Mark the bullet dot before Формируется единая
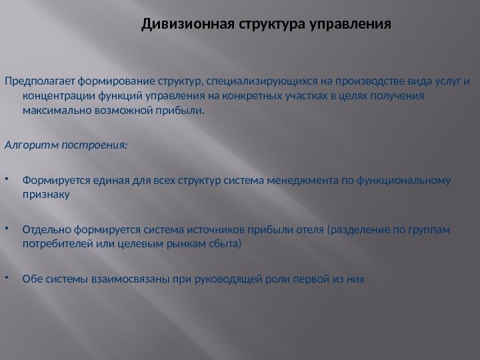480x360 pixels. click(x=7, y=179)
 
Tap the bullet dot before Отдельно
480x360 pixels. click(x=7, y=229)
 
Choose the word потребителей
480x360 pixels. click(x=55, y=245)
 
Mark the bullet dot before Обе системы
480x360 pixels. click(x=7, y=277)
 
